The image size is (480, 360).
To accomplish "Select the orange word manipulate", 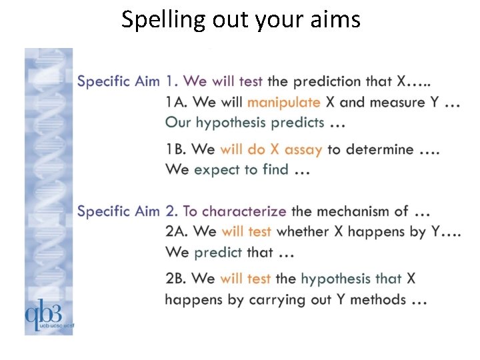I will pyautogui.click(x=284, y=103).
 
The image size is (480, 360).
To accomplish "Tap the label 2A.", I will pyautogui.click(x=177, y=231).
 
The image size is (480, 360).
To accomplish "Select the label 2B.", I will pyautogui.click(x=177, y=279).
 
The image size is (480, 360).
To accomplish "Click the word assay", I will pyautogui.click(x=303, y=150).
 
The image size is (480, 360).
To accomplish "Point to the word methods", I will pyautogui.click(x=377, y=299).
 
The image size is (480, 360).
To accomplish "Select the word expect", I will pyautogui.click(x=217, y=171).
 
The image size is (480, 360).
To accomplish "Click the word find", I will pyautogui.click(x=275, y=170).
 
